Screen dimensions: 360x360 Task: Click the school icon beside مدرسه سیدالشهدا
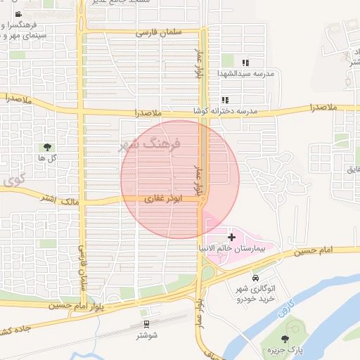245,63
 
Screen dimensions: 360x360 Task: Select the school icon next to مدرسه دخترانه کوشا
225,101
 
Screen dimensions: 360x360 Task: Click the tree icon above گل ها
48,147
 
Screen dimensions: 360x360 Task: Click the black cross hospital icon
231,238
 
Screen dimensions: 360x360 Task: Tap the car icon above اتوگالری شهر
244,278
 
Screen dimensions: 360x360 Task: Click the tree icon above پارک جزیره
285,339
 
